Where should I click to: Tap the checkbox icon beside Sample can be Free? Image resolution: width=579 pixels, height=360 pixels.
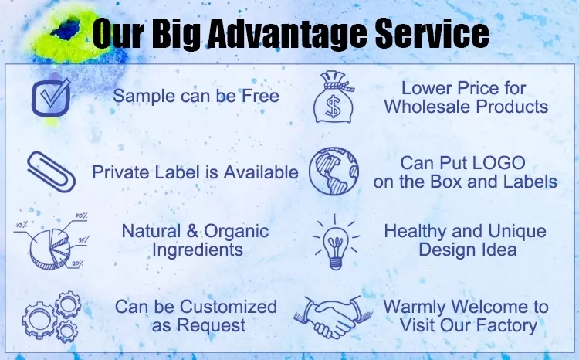pos(51,97)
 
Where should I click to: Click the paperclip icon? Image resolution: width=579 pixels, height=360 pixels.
pos(51,172)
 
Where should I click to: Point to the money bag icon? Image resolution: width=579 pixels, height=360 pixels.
pos(334,97)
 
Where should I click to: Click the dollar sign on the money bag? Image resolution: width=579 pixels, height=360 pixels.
pos(333,107)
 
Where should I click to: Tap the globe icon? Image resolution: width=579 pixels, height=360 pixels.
pos(334,172)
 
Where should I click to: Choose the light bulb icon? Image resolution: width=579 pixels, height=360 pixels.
pos(336,242)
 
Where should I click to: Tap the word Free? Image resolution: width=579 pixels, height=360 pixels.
pos(260,96)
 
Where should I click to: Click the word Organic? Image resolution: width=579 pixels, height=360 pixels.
pos(236,232)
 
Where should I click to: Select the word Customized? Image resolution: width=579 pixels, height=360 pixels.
pos(229,307)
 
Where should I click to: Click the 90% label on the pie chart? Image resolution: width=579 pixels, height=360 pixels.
pos(81,216)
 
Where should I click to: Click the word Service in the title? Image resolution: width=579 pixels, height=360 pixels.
pos(432,34)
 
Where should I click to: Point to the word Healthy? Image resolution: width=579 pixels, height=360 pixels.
pos(415,232)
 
